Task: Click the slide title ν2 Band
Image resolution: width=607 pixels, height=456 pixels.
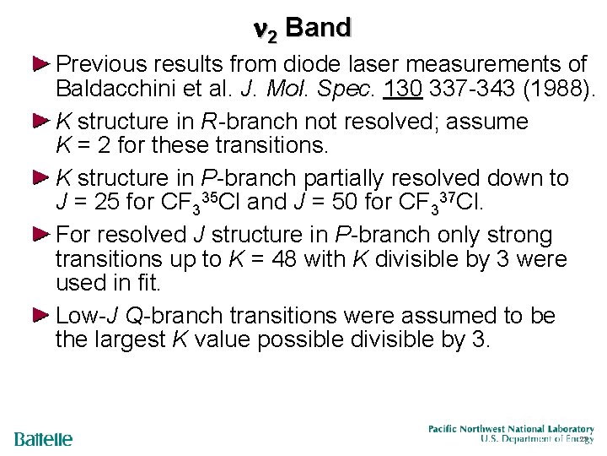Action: [301, 28]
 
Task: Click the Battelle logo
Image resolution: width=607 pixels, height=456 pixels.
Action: [43, 440]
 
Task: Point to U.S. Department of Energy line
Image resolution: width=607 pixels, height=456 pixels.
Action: [536, 439]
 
